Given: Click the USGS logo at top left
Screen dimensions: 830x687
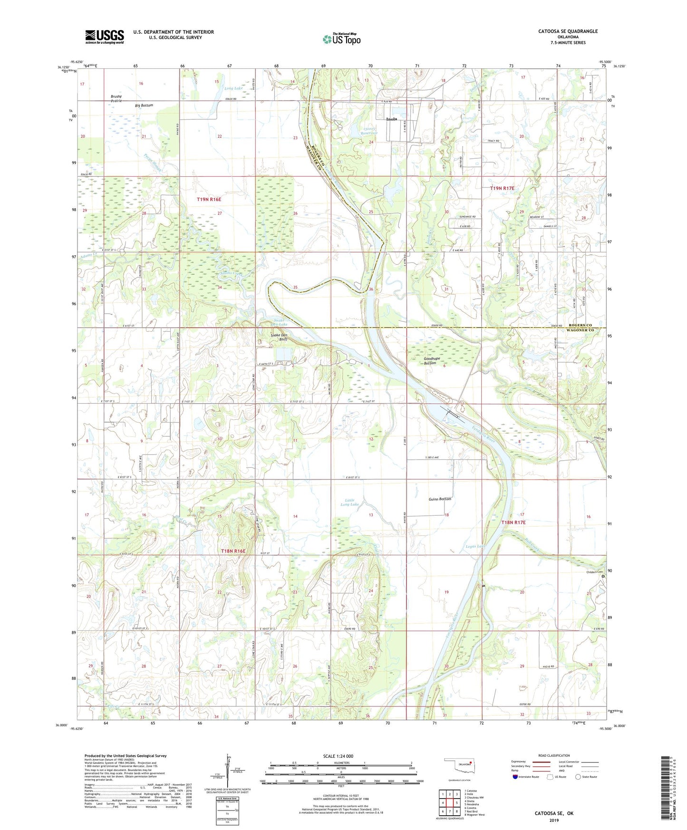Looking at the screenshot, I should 105,37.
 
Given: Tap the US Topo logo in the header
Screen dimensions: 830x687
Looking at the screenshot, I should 341,39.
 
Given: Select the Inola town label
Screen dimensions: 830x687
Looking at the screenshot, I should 392,119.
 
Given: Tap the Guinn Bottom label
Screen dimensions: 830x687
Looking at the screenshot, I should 439,499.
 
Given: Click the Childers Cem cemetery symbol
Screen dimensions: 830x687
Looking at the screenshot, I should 604,576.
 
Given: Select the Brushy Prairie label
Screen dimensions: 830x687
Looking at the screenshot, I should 116,98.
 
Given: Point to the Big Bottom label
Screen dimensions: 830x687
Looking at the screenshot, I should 144,105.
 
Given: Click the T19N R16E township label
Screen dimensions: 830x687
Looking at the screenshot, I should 209,200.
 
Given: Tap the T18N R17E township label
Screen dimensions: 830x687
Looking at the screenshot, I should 513,522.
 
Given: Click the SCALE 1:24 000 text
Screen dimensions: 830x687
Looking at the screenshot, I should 338,756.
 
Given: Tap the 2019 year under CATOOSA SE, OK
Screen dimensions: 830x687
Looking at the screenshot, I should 554,820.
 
